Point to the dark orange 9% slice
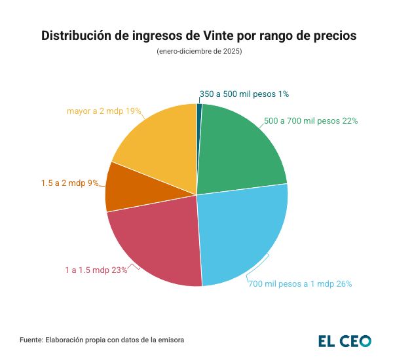coord(121,187)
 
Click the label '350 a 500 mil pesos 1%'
coord(244,94)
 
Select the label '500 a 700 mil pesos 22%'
coord(310,121)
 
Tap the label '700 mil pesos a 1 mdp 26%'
coord(300,284)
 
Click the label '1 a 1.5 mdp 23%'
coord(96,270)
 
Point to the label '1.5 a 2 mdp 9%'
coord(69,183)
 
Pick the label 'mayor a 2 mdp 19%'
coord(104,111)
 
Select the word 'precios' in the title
coord(332,35)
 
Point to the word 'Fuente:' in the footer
coord(31,340)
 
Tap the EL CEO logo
coord(345,340)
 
